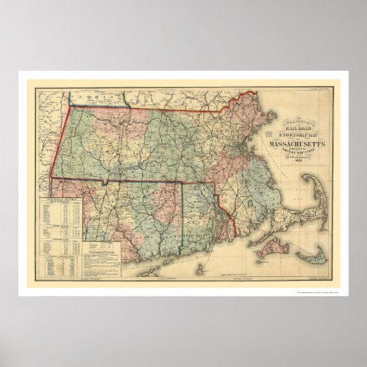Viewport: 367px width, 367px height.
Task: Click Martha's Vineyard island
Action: tap(269, 247)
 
